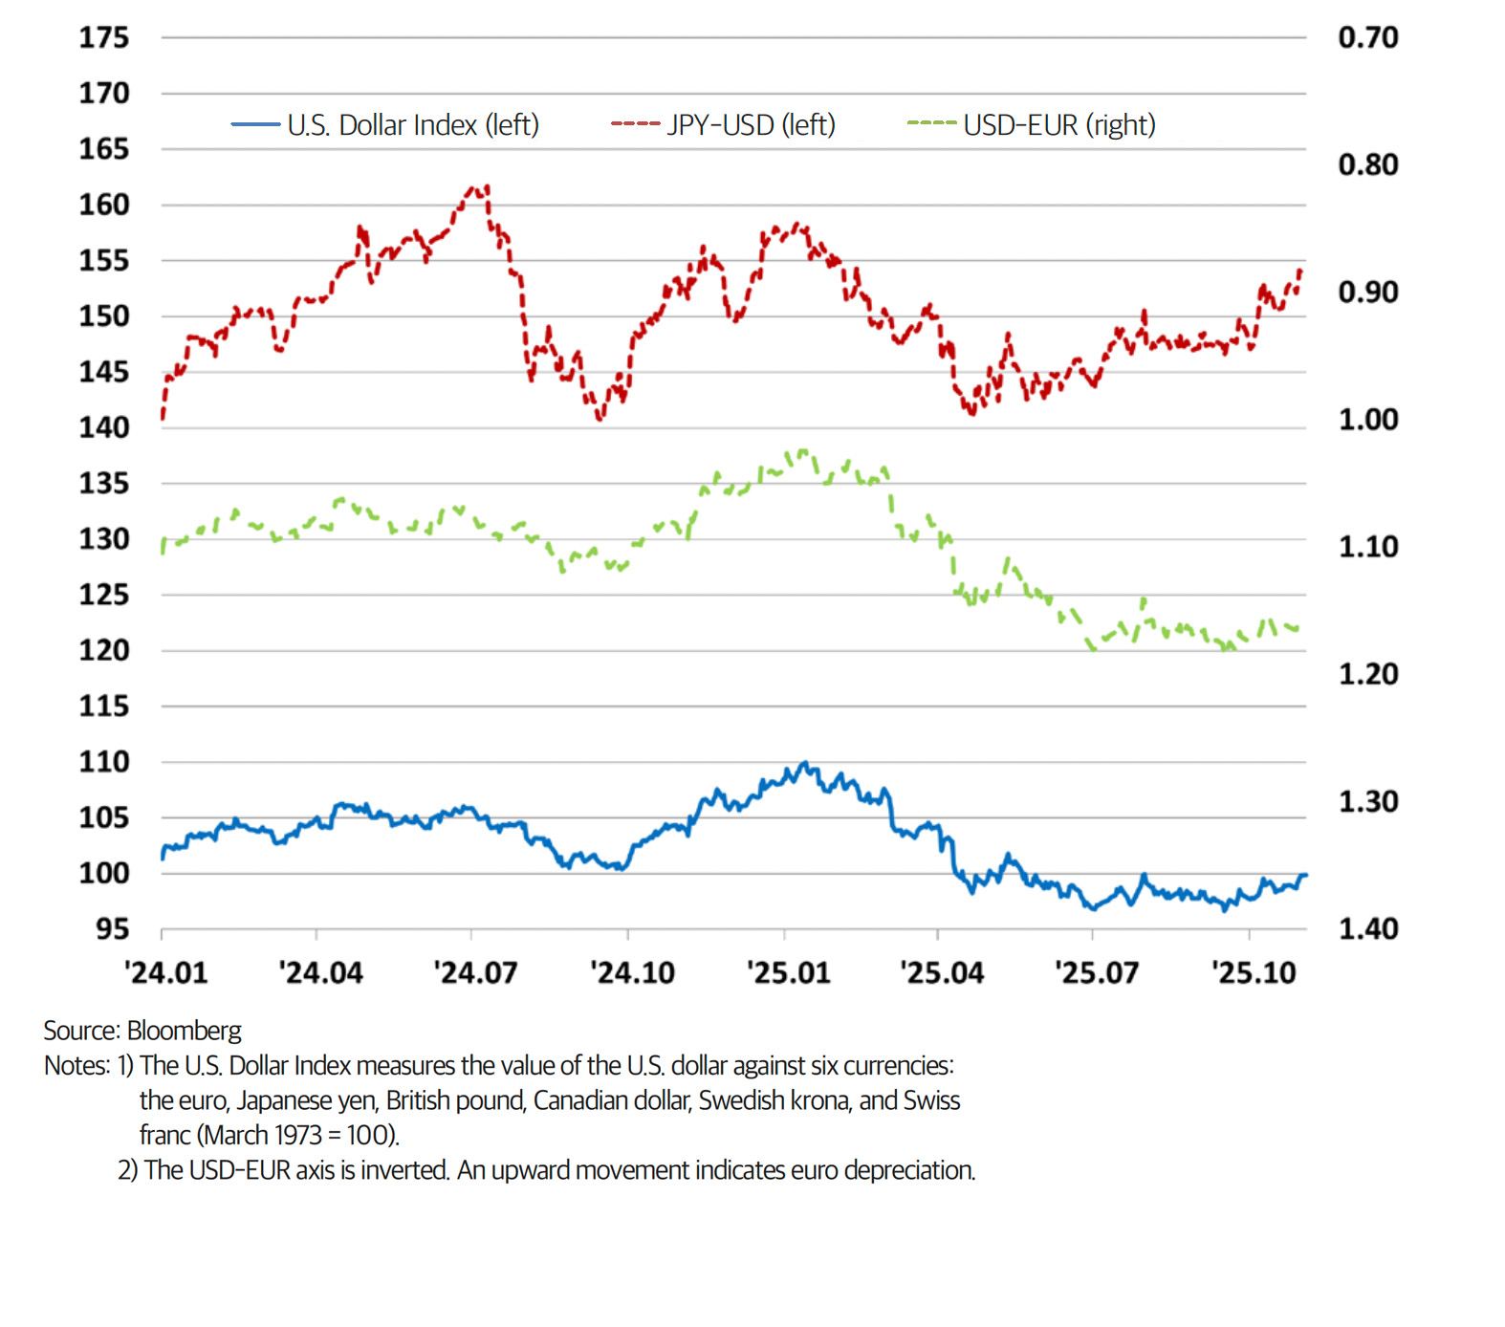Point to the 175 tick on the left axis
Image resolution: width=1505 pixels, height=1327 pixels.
[103, 37]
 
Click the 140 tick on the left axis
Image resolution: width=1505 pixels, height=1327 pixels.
[103, 427]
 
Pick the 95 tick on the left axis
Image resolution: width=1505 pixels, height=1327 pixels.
[112, 929]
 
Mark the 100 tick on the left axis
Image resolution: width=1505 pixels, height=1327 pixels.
[103, 873]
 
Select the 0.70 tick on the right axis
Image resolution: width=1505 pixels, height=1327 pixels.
[1367, 37]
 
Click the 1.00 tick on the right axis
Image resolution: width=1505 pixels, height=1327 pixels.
[1367, 419]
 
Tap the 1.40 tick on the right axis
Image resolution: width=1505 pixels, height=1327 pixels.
[1367, 928]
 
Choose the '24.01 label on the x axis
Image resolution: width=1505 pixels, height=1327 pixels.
[165, 973]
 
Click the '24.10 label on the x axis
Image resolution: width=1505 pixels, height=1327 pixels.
[632, 973]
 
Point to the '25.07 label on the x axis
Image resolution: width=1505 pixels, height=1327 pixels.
[1097, 973]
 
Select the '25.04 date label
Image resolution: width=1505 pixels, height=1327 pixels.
[942, 973]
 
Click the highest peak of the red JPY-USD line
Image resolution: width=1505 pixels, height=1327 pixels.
[488, 187]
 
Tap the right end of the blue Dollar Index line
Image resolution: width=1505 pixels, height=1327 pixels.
[1304, 876]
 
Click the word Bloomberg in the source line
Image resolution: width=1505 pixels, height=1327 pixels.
[184, 1031]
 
